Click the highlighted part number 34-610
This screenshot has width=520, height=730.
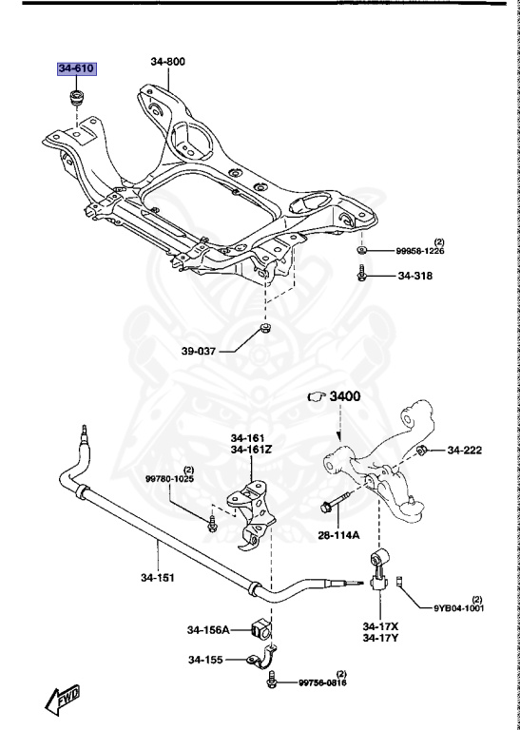(x=76, y=68)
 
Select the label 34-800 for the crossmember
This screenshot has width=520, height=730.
(x=167, y=62)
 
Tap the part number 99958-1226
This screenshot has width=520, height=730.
(x=420, y=251)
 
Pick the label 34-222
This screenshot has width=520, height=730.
(x=467, y=450)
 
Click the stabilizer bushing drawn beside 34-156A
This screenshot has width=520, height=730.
(x=261, y=628)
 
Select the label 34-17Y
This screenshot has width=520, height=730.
(x=381, y=638)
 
